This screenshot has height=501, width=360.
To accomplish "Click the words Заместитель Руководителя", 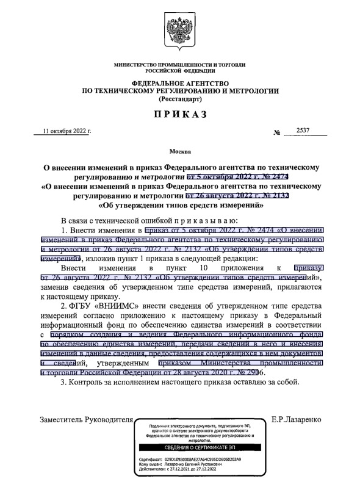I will coord(86,420).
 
